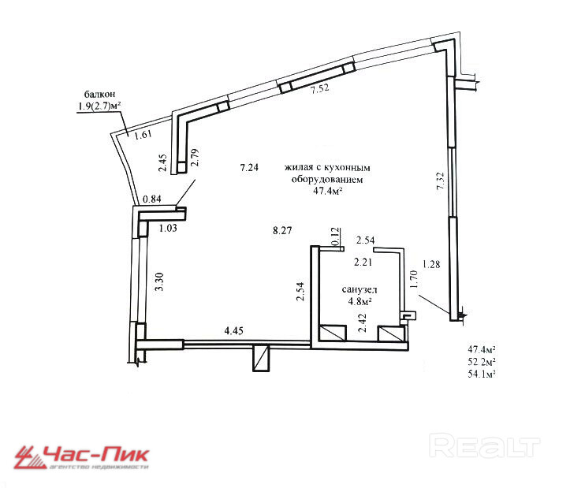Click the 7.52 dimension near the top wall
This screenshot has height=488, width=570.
(x=319, y=90)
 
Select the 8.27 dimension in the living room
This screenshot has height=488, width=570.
(x=282, y=231)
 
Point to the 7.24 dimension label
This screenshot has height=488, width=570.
(x=250, y=167)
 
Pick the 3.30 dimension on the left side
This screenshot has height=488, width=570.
(x=160, y=281)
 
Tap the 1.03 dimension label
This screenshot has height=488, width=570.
(x=167, y=229)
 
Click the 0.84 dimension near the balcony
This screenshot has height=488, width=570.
(x=152, y=199)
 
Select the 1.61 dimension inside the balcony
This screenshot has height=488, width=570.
(x=142, y=136)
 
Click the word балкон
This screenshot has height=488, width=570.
(x=94, y=93)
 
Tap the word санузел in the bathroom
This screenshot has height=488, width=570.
(x=357, y=289)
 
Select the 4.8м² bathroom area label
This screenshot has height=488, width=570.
(x=357, y=300)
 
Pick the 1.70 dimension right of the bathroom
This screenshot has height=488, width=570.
(x=412, y=280)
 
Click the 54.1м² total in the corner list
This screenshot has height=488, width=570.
(x=486, y=373)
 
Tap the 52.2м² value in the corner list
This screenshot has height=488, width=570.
(x=486, y=360)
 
